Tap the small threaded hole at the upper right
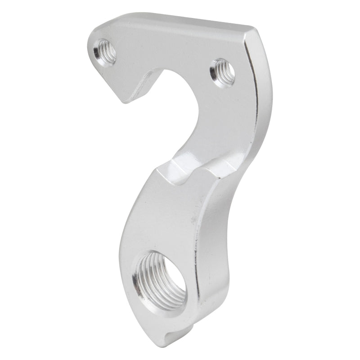[223, 72]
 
